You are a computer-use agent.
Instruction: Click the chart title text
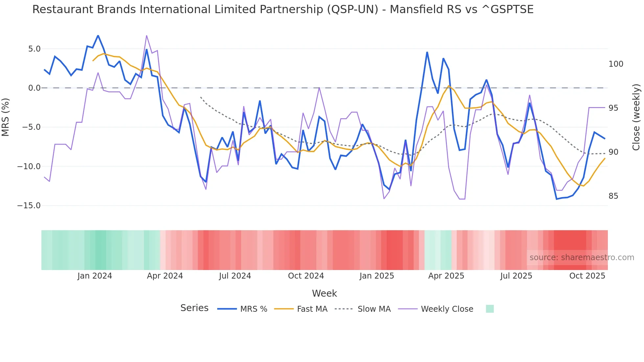coord(283,10)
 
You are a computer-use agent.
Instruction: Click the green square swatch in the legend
coord(490,309)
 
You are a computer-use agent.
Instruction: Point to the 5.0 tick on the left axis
coord(34,49)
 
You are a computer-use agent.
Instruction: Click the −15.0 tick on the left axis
coord(29,206)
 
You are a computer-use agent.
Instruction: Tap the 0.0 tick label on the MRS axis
coord(34,88)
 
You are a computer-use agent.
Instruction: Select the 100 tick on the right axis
coord(616,64)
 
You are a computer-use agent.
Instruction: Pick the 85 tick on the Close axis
coord(613,196)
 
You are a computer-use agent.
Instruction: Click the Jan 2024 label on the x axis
coord(95,276)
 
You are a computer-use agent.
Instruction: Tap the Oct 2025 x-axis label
coord(587,276)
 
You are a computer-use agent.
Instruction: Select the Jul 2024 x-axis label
coord(235,276)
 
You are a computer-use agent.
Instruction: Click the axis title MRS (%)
coord(6,117)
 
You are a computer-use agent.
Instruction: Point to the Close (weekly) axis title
coord(636,117)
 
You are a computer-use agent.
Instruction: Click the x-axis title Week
coord(324,293)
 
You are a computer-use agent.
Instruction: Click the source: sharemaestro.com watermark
coord(582,258)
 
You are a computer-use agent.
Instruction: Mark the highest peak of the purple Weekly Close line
coord(147,35)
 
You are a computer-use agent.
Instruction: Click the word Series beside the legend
coord(194,308)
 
